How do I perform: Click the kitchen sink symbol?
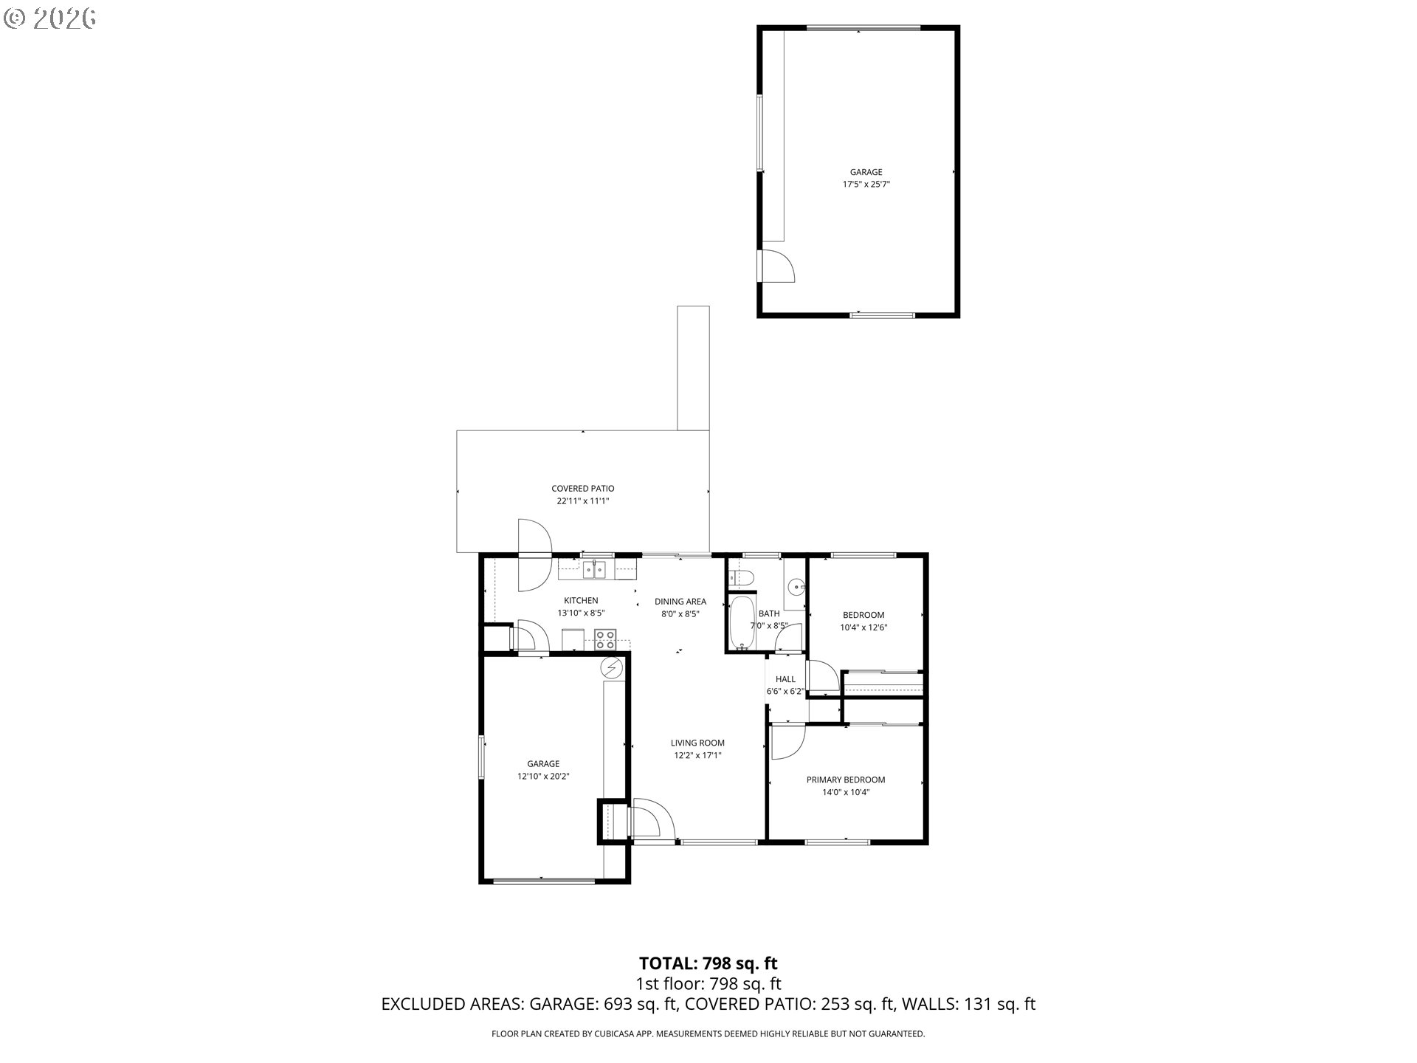click(x=595, y=570)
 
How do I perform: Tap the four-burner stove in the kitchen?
click(x=606, y=638)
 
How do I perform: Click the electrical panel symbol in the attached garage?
click(x=611, y=668)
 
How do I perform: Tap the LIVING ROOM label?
click(x=697, y=743)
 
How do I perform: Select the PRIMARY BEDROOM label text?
click(x=845, y=780)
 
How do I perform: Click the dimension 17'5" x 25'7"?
click(x=866, y=185)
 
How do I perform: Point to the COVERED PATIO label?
click(x=582, y=488)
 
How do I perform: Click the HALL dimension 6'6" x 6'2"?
click(x=785, y=692)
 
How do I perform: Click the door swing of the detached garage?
click(x=777, y=266)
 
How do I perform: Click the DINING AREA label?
click(x=680, y=601)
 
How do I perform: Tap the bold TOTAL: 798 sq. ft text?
click(x=708, y=963)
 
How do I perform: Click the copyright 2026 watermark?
click(x=49, y=18)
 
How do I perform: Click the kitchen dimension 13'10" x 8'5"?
click(x=581, y=613)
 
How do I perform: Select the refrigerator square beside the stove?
click(x=573, y=639)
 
